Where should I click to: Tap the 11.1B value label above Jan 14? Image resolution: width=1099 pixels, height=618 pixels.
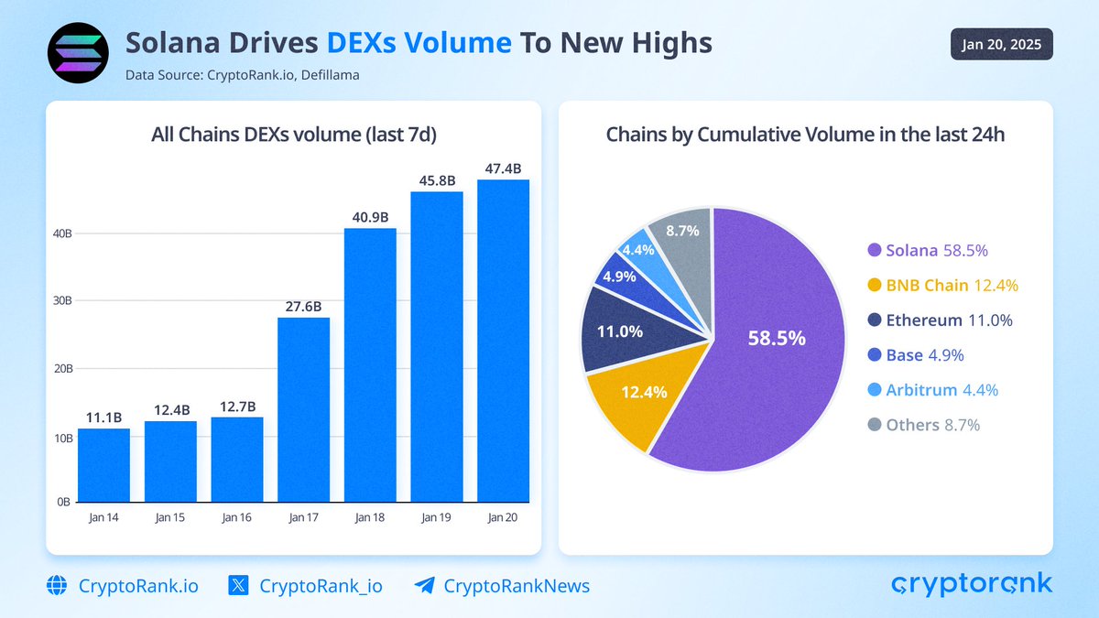coord(103,417)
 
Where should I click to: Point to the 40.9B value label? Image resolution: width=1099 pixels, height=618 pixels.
coord(370,217)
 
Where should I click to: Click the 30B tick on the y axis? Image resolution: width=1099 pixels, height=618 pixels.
coord(62,301)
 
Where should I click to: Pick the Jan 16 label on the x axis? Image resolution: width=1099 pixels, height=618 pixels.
coord(236,518)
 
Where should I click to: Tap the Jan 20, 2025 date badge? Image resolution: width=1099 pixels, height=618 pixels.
coord(1001,45)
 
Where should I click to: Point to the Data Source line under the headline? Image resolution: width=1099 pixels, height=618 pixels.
coord(242,75)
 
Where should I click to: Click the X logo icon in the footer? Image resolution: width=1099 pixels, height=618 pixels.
coord(239,586)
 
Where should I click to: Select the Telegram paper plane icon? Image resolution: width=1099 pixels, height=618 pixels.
coord(424,586)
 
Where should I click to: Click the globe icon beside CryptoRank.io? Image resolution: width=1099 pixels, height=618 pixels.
coord(58,586)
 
